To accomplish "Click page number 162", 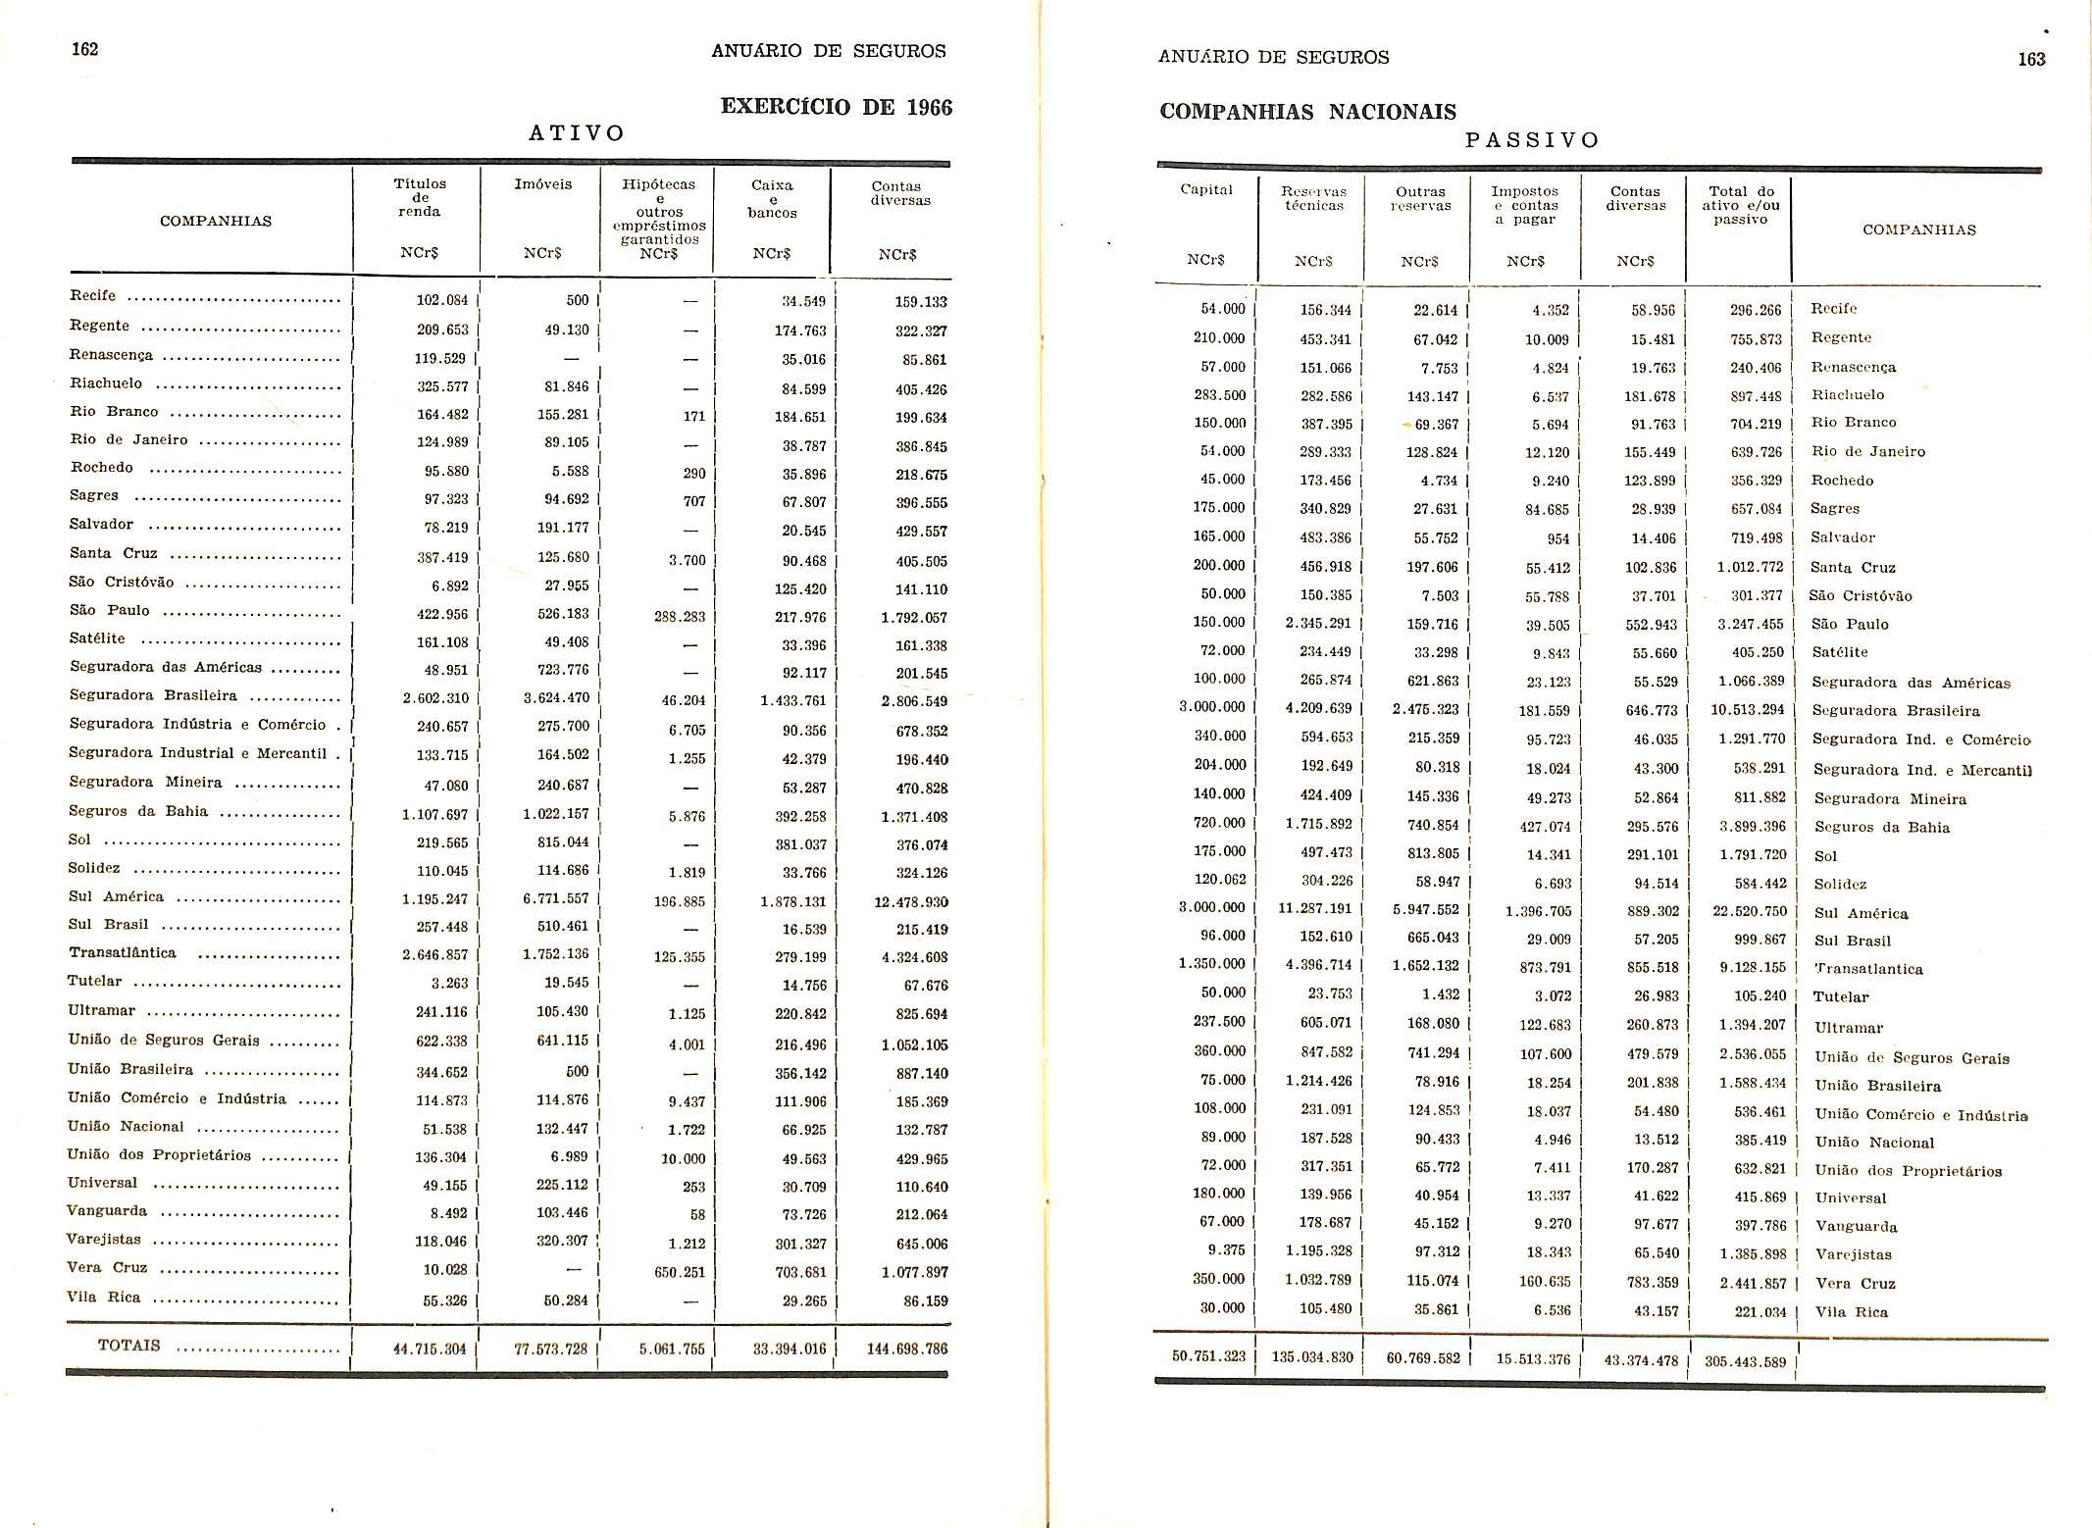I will coord(85,50).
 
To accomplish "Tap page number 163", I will coord(2031,59).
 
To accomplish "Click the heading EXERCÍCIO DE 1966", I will coord(836,107).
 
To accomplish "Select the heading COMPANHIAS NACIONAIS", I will coord(1307,112).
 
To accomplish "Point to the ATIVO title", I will coord(577,133).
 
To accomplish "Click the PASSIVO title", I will coord(1532,140).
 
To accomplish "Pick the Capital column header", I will coord(1205,190).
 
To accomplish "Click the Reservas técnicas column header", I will coord(1313,198).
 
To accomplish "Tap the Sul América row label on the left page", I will coord(117,896).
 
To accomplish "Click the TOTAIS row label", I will coord(128,1345).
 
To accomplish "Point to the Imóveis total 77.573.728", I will coord(550,1349).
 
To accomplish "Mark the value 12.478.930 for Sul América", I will coord(910,901).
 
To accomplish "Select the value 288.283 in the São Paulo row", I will coord(680,618).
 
